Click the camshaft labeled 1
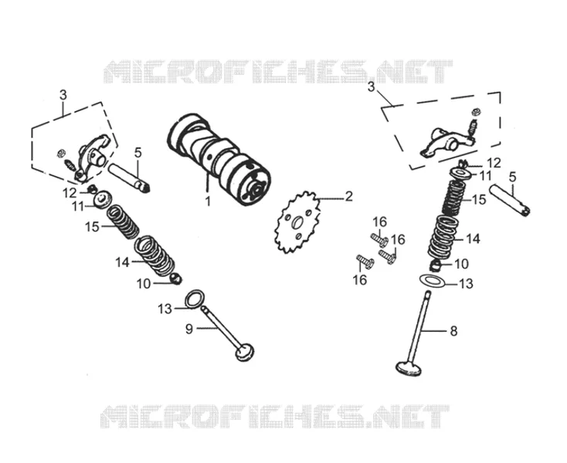point(219,159)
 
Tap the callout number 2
point(348,197)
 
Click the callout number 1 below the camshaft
point(208,201)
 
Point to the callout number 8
point(453,331)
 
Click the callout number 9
point(189,329)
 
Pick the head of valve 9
point(244,351)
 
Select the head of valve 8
point(409,369)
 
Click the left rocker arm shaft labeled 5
point(129,177)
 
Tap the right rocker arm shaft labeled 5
point(510,200)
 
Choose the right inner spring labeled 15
point(454,198)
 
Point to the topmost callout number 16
point(380,221)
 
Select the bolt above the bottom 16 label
point(365,262)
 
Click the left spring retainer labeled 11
point(103,199)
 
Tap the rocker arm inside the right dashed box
point(446,141)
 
